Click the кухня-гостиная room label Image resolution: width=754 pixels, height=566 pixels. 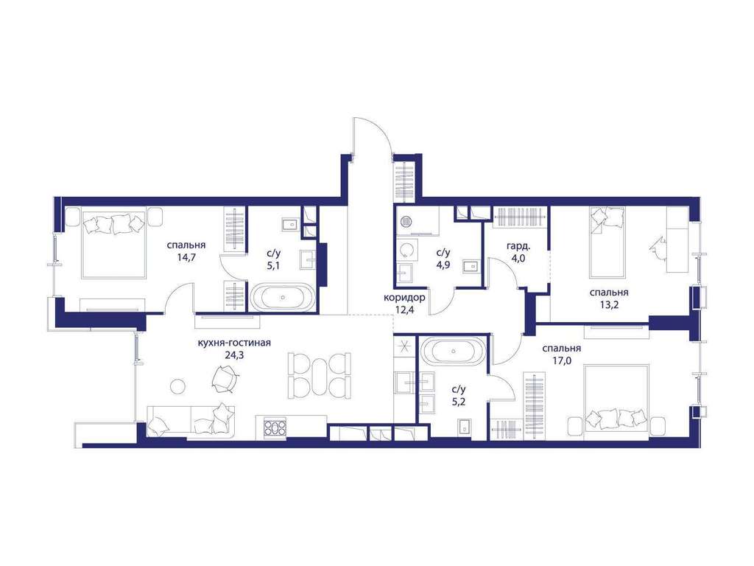pyautogui.click(x=234, y=343)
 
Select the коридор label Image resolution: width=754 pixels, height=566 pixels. pyautogui.click(x=404, y=298)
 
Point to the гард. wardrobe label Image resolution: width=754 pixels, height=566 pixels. pyautogui.click(x=519, y=246)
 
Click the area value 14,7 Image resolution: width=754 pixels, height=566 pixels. pyautogui.click(x=186, y=257)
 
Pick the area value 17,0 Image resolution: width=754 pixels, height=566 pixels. pyautogui.click(x=562, y=360)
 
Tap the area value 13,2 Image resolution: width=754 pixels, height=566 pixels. pyautogui.click(x=609, y=304)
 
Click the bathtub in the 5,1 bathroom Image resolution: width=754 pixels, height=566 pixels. pyautogui.click(x=282, y=298)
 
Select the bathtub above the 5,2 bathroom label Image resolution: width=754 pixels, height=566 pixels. pyautogui.click(x=454, y=351)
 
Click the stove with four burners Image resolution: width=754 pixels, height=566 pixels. pyautogui.click(x=275, y=428)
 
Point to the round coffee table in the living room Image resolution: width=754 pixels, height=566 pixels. pyautogui.click(x=178, y=386)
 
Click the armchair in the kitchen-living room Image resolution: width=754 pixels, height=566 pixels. pyautogui.click(x=225, y=379)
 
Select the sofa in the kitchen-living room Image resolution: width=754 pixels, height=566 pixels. pyautogui.click(x=191, y=422)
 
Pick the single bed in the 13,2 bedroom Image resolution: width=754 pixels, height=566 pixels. pyautogui.click(x=607, y=242)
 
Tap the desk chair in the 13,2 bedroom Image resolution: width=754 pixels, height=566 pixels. pyautogui.click(x=658, y=245)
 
